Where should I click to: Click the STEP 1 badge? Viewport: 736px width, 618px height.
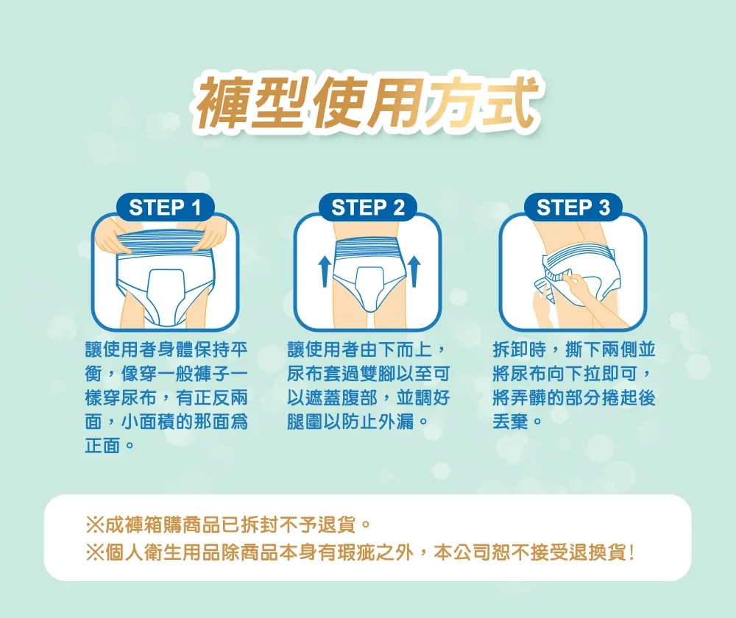click(165, 207)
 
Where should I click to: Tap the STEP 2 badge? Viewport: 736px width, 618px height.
click(367, 207)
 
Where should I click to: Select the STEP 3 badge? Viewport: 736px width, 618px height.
click(573, 207)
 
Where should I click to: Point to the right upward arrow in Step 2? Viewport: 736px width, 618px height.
click(414, 271)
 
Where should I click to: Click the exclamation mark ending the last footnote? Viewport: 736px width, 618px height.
click(632, 553)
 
